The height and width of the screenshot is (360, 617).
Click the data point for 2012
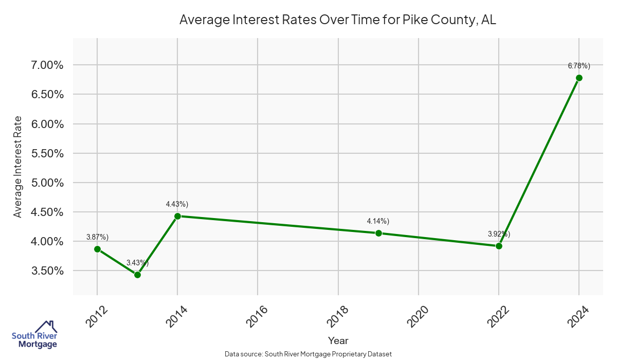97,249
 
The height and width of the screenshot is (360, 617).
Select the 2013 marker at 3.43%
137,275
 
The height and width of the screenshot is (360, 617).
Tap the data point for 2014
177,216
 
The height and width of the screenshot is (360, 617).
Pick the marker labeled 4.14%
378,233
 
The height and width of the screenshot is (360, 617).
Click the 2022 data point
499,246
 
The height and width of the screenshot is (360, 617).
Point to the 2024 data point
579,78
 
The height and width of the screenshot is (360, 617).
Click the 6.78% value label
579,66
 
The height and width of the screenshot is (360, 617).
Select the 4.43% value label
177,204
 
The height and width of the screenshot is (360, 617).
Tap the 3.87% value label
97,237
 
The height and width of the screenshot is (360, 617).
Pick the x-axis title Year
338,340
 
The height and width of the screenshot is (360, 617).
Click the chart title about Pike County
338,20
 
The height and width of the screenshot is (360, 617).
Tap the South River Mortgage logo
34,335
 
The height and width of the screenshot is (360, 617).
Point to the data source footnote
308,354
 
